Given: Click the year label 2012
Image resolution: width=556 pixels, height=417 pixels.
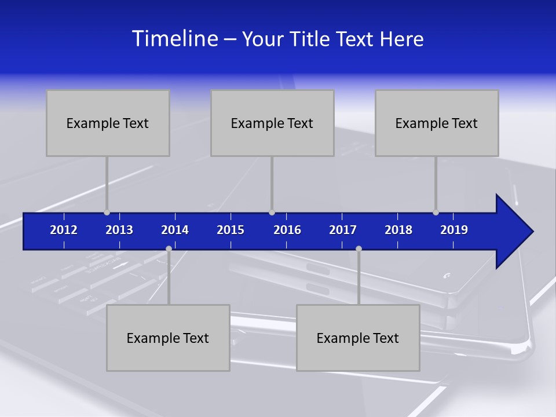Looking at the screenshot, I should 64,230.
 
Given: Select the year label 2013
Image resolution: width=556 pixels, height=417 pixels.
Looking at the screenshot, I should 119,230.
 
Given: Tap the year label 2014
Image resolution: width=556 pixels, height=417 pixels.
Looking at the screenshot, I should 175,230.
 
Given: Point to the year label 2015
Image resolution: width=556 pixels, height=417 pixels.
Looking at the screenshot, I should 231,230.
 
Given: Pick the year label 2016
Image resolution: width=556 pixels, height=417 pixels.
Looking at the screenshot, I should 287,230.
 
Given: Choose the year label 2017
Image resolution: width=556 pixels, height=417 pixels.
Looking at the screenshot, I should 343,230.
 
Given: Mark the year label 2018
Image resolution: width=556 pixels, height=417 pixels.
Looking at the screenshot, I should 398,230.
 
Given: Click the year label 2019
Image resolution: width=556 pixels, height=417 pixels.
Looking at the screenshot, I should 454,230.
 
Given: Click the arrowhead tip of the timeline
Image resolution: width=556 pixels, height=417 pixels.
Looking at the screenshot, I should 532,232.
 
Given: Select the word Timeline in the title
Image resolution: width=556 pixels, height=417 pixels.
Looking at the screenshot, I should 174,39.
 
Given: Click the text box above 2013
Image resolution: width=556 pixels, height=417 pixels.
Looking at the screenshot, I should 108,123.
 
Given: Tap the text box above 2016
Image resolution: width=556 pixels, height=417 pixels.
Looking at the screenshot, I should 272,123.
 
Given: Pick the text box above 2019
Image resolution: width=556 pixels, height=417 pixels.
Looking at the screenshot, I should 437,123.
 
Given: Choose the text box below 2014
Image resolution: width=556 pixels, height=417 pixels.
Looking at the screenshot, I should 168,338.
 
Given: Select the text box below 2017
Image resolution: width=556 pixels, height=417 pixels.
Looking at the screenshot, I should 358,338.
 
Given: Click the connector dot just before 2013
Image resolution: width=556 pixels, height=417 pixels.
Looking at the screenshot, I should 107,213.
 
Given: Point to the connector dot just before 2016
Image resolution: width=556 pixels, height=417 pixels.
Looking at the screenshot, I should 272,213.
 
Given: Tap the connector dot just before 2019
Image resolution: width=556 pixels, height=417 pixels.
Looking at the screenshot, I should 436,213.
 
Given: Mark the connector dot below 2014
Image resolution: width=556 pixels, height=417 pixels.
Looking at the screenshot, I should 169,248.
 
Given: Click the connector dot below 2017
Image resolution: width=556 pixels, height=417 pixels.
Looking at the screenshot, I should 359,248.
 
